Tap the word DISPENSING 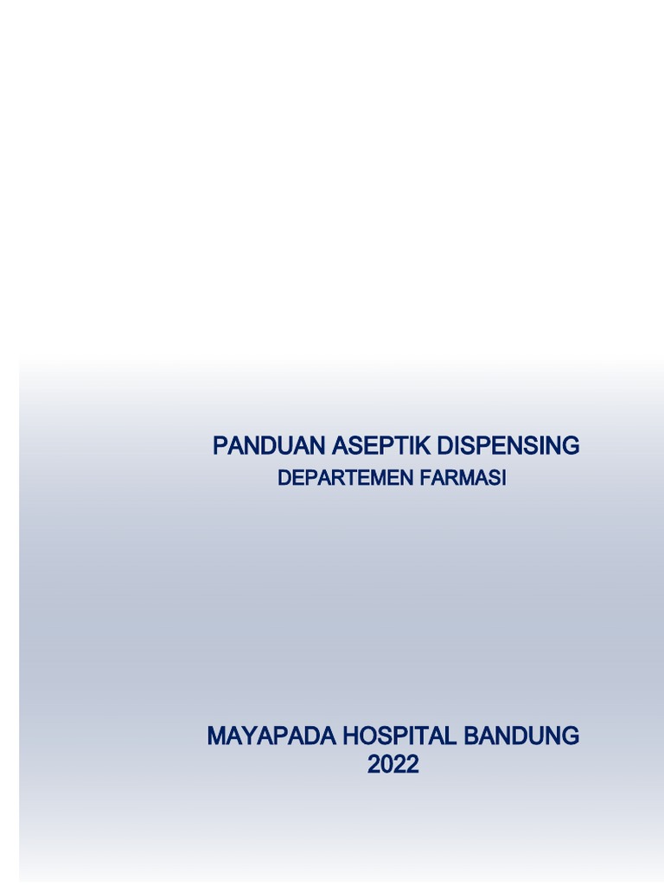508,446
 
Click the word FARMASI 463,478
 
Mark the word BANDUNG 522,736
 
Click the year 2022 393,764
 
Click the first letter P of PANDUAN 220,446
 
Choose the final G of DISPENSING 571,446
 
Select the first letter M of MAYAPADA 216,736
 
